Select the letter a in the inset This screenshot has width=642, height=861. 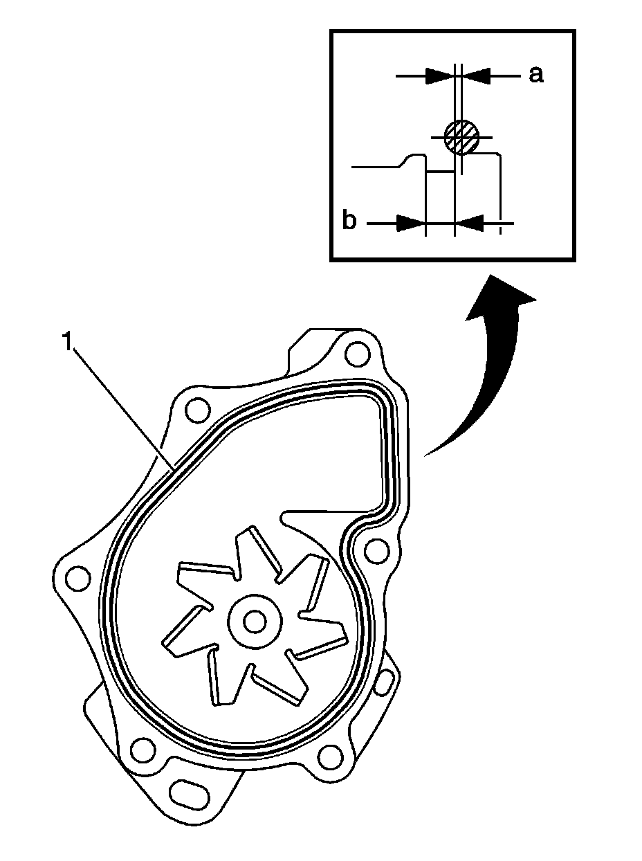(535, 75)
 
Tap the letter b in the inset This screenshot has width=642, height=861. (350, 223)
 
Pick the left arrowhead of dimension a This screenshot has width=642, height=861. (440, 75)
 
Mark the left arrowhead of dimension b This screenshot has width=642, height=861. (411, 223)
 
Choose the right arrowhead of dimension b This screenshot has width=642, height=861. (469, 223)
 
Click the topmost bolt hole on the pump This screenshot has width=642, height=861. (356, 353)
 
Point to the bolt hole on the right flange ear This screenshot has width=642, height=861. (376, 551)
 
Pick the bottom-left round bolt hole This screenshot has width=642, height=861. (143, 749)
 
